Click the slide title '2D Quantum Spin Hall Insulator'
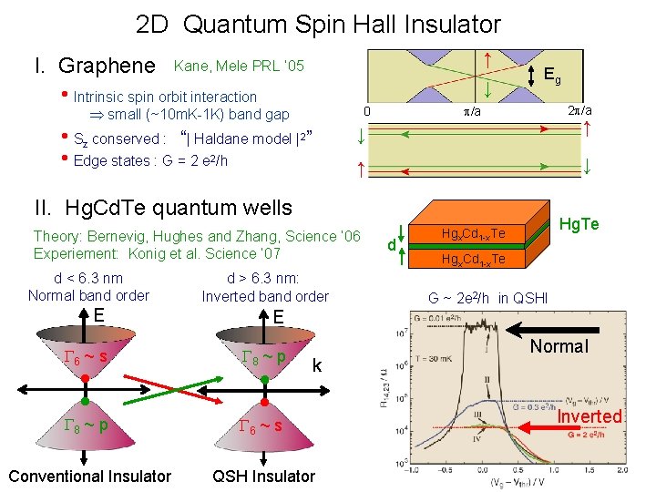click(x=318, y=25)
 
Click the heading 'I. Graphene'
click(x=94, y=66)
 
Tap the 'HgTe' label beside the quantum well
click(x=579, y=223)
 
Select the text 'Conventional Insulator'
click(x=89, y=476)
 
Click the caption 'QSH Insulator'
click(x=263, y=476)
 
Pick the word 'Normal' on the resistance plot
click(x=559, y=346)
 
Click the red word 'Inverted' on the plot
click(x=589, y=416)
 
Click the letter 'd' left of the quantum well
click(x=391, y=245)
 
